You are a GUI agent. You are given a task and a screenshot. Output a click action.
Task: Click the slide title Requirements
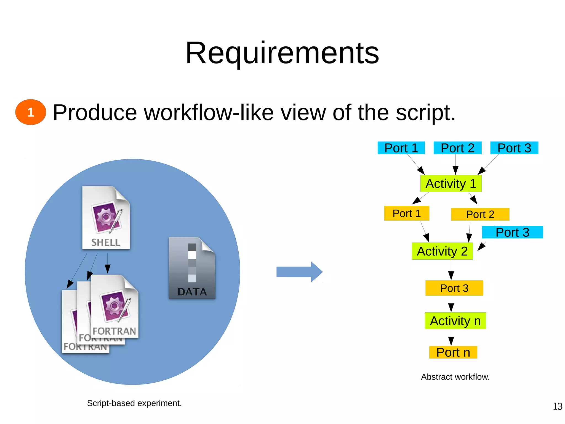[x=282, y=53]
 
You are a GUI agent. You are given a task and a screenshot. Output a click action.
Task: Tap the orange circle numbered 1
[x=31, y=112]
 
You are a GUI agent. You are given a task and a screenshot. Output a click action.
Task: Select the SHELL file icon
[x=106, y=217]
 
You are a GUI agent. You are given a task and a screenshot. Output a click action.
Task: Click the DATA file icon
[x=192, y=268]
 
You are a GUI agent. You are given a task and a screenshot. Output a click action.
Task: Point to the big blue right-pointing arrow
[x=299, y=272]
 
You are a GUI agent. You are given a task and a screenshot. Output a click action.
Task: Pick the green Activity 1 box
[x=451, y=184]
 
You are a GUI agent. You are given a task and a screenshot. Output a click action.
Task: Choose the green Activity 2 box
[x=442, y=251]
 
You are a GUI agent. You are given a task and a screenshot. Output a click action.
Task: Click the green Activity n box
[x=455, y=321]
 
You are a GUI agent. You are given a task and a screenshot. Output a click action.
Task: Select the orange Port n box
[x=453, y=352]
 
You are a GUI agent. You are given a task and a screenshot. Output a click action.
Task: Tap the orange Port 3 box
[x=454, y=288]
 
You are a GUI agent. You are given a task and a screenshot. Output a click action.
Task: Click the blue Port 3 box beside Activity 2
[x=512, y=232]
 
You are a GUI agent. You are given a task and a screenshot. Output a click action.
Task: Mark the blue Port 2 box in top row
[x=457, y=148]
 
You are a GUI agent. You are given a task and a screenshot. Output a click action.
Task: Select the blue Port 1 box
[x=401, y=148]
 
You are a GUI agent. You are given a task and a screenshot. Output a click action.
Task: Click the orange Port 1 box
[x=407, y=213]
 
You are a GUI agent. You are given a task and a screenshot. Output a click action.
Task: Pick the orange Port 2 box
[x=480, y=214]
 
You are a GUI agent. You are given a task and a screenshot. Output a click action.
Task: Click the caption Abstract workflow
[x=455, y=377]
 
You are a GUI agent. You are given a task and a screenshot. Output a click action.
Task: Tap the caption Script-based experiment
[x=134, y=403]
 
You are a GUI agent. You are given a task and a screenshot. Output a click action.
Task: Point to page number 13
[x=557, y=406]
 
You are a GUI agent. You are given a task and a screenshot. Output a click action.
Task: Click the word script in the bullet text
[x=425, y=113]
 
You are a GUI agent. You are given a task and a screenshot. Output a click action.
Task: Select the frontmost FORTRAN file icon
[x=114, y=306]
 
